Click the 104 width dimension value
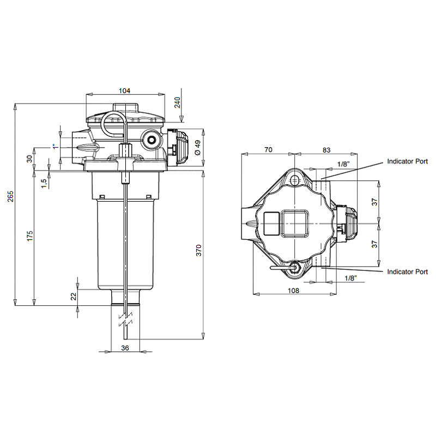(x=125, y=90)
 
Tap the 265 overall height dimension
(x=10, y=196)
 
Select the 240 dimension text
(x=177, y=102)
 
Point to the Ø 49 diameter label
(x=197, y=148)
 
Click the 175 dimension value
(x=30, y=236)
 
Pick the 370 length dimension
(x=198, y=250)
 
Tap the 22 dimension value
(x=74, y=296)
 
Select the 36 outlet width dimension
(x=125, y=348)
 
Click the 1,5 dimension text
(x=44, y=183)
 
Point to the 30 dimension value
(x=30, y=159)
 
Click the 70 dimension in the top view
(x=268, y=149)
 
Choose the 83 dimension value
(x=326, y=150)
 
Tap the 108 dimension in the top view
(x=293, y=290)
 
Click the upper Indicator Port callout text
(x=407, y=161)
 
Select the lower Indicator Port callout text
(x=407, y=271)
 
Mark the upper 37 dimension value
(x=375, y=202)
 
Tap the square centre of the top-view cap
(x=294, y=223)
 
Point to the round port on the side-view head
(x=152, y=139)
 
